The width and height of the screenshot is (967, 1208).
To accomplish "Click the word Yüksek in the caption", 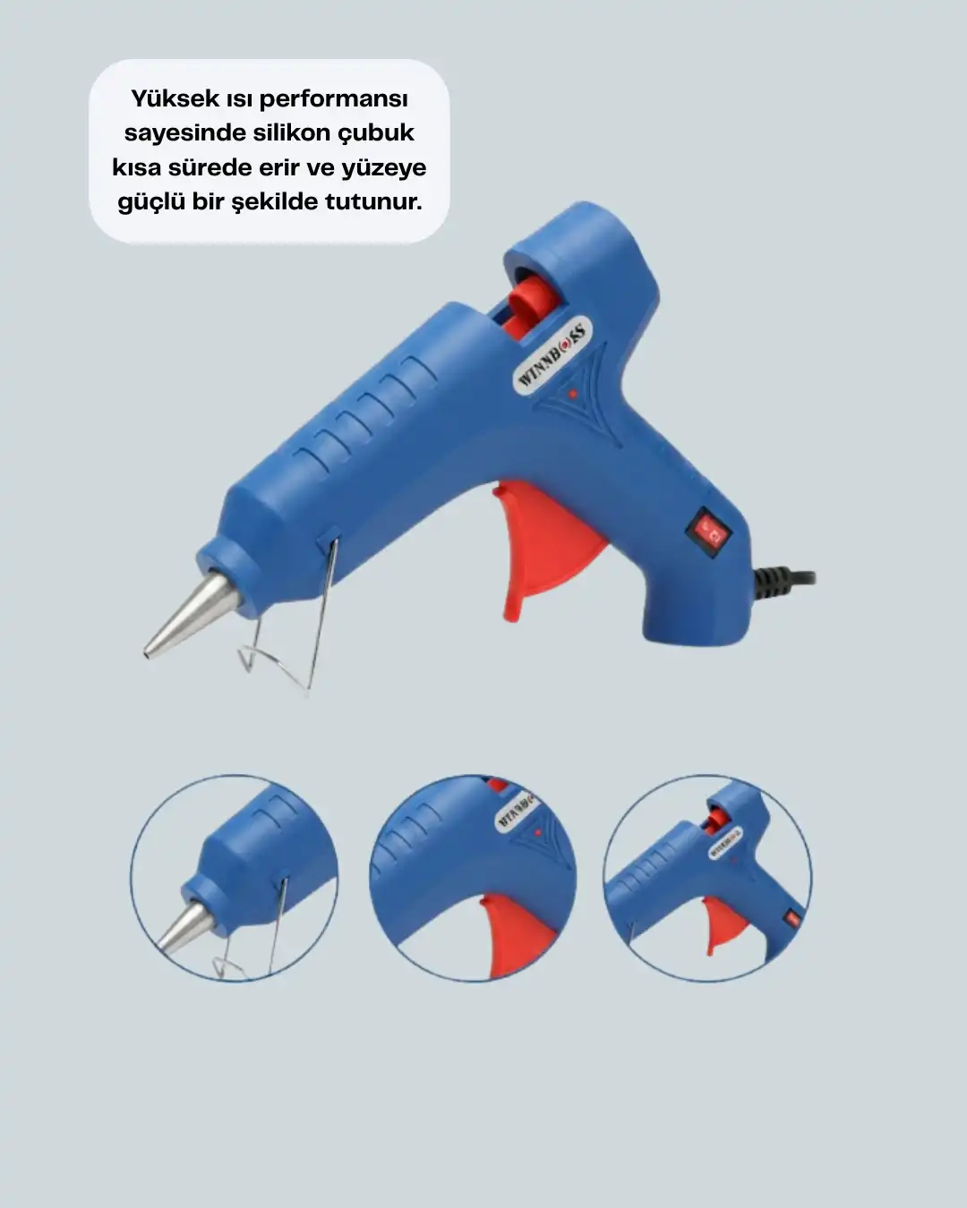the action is tap(175, 99).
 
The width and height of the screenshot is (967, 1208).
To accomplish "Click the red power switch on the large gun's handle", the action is tap(709, 532).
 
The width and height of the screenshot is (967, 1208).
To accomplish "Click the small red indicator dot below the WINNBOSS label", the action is tap(572, 394).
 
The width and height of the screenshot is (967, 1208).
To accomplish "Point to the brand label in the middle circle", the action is tap(516, 810).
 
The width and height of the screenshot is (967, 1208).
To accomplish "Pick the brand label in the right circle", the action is tap(725, 843).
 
